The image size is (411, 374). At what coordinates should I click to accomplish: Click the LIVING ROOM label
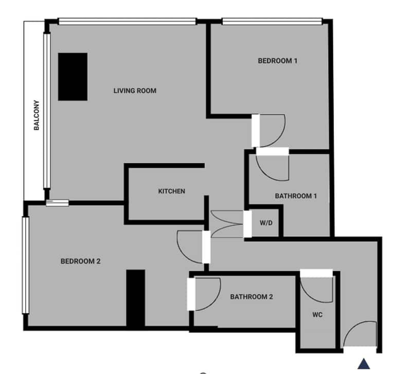pos(135,91)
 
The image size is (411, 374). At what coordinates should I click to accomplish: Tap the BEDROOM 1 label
pos(278,61)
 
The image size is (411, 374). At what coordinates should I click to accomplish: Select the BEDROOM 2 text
pos(80,261)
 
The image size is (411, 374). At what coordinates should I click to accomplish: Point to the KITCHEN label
pos(172,191)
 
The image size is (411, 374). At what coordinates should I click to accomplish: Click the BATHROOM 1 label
pos(296,196)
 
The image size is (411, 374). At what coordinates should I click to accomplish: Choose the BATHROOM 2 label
pos(252,297)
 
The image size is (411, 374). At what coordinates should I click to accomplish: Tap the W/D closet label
pos(266,223)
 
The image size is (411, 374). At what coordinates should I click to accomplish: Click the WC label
pos(317,314)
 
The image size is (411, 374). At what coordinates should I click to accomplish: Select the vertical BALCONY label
pos(37,115)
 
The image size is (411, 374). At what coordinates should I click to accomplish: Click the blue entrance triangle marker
pos(364,364)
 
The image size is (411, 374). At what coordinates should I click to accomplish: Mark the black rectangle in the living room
pos(73,77)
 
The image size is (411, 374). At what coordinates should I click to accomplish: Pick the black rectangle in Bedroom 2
pos(135,298)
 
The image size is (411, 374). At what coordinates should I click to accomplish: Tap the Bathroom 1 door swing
pos(265,174)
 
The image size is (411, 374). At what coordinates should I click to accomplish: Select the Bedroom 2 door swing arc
pos(182,253)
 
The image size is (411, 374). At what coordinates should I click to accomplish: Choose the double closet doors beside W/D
pos(227,224)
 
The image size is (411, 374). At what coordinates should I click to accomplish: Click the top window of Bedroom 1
pos(272,22)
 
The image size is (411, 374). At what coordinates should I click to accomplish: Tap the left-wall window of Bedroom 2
pos(25,265)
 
